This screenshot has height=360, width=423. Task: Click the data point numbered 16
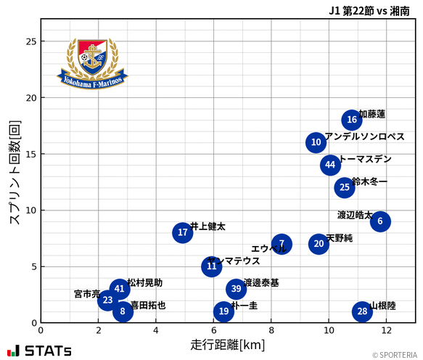(352, 120)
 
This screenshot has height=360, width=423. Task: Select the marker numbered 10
(316, 142)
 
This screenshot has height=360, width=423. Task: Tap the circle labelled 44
(330, 165)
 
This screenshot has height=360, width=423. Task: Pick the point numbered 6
(379, 221)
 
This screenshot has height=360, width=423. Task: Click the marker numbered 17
(183, 233)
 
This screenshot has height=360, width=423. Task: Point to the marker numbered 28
(362, 311)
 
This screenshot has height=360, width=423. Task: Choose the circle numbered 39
(236, 289)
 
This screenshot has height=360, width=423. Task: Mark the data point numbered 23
(107, 300)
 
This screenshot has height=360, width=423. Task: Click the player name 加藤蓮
(372, 115)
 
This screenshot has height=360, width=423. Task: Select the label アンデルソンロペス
(364, 136)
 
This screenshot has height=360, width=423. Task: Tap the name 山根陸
(382, 306)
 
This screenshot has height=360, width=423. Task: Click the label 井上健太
(208, 226)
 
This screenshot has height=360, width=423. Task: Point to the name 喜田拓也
(147, 306)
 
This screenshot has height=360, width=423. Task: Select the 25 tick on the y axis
(30, 41)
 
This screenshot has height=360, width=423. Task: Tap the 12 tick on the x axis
(386, 330)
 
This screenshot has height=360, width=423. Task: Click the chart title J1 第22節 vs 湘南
(369, 11)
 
